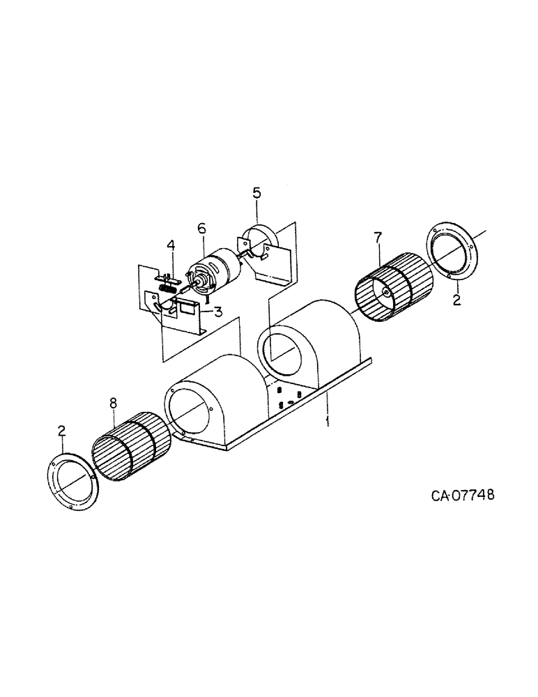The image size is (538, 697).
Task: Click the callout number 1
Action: click(328, 421)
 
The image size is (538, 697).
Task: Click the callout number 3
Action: click(219, 312)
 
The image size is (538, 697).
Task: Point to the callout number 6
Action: click(201, 229)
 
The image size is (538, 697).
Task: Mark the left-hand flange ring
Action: click(72, 480)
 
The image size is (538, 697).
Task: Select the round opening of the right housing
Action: click(282, 354)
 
